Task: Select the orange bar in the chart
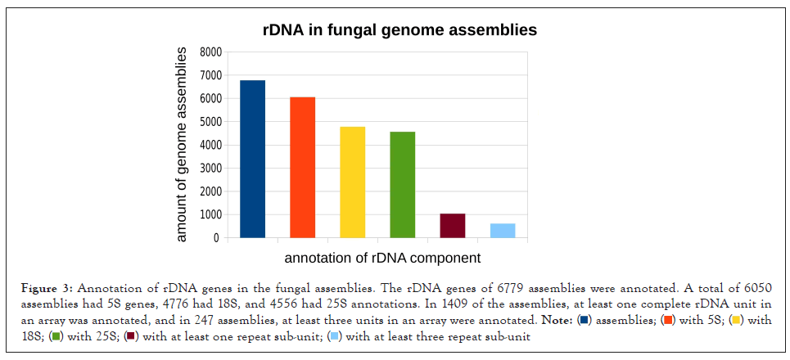(302, 167)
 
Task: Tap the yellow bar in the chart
(352, 182)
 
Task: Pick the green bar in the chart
(402, 184)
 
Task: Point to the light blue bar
(503, 231)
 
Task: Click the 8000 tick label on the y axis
(210, 52)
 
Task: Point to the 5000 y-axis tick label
(210, 122)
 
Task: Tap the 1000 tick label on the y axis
(210, 215)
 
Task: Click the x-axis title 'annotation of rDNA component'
(382, 259)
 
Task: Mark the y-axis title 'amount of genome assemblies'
(182, 144)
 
